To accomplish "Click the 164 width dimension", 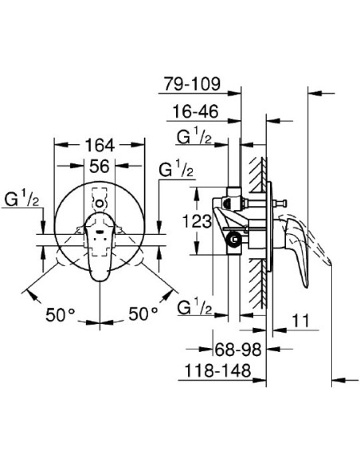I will [100, 146].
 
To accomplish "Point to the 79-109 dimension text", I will [191, 82].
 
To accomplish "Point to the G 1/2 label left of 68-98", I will [193, 307].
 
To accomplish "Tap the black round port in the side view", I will [233, 237].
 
